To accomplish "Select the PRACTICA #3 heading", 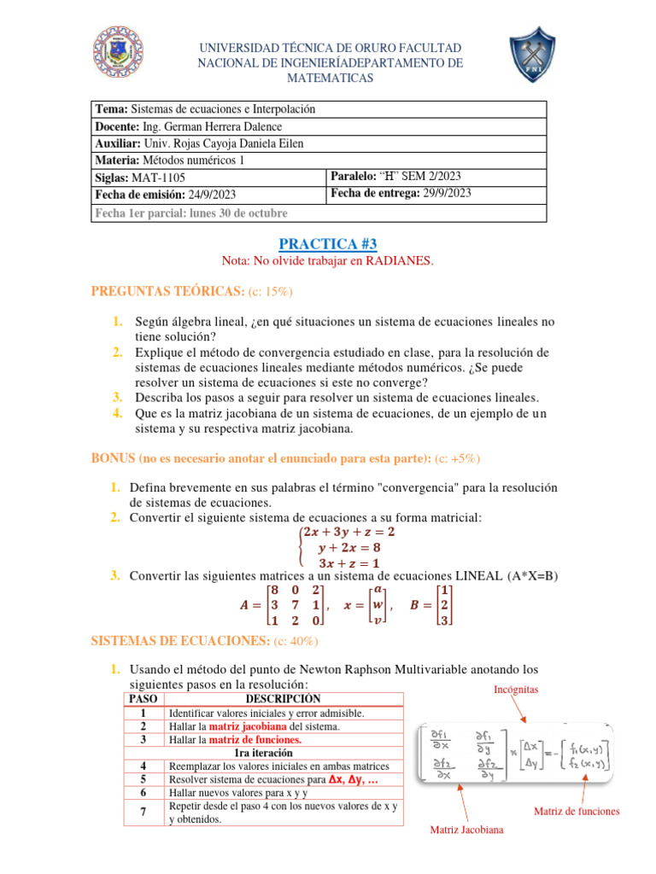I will (328, 244).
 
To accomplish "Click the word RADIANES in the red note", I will (398, 261).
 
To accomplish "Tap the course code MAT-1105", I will (160, 178).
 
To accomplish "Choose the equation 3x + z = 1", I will (350, 562).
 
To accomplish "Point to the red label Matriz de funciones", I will (577, 811).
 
